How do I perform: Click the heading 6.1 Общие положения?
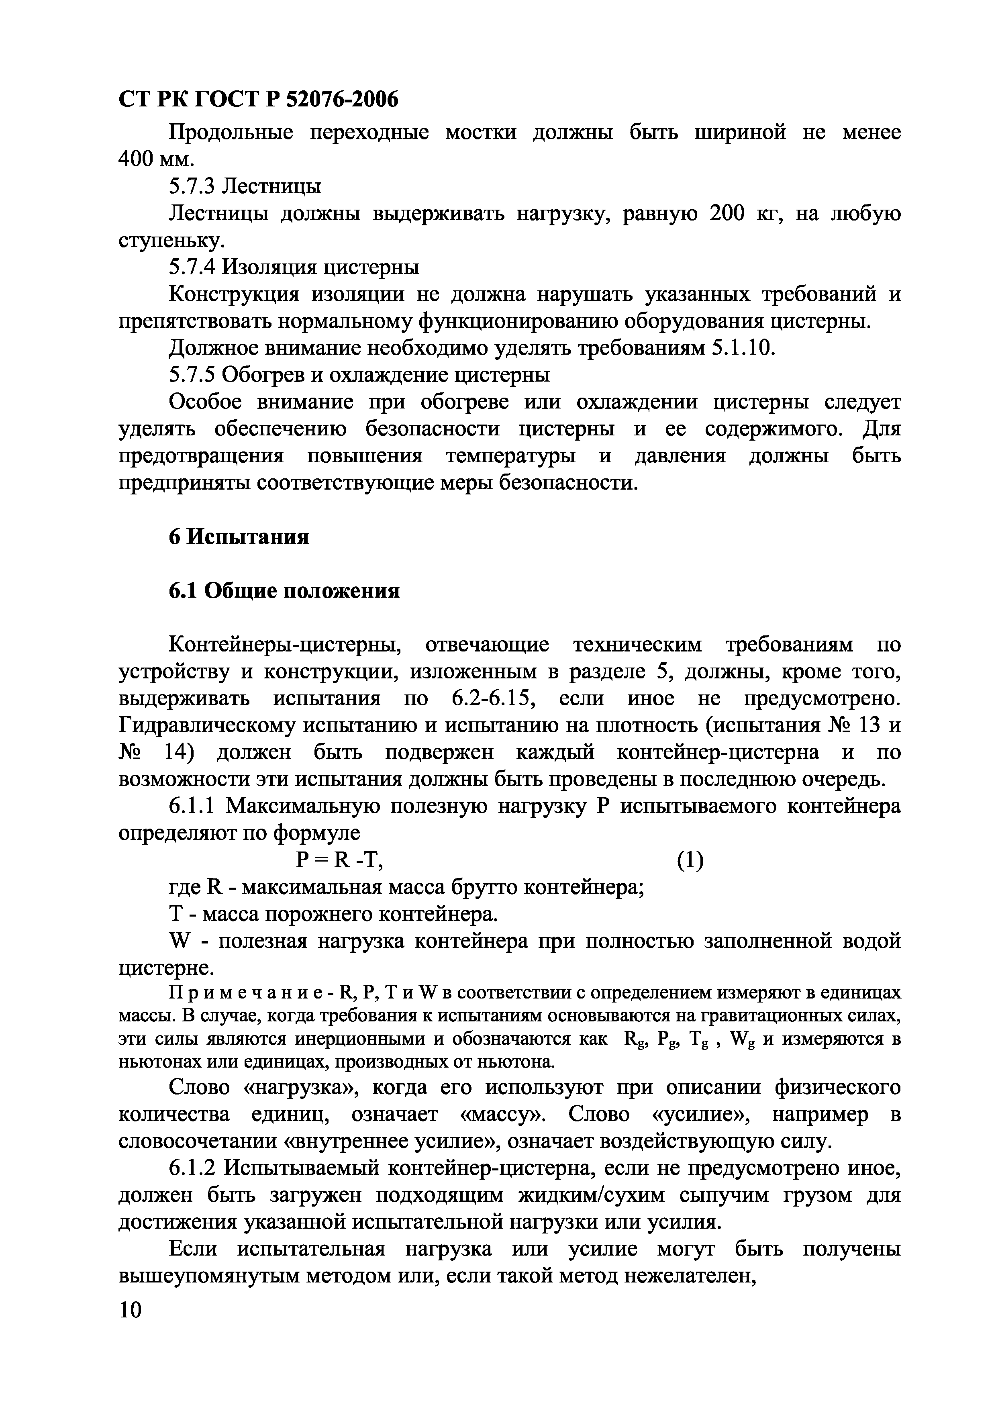284,591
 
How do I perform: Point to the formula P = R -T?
339,861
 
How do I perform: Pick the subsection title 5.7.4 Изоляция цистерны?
294,267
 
